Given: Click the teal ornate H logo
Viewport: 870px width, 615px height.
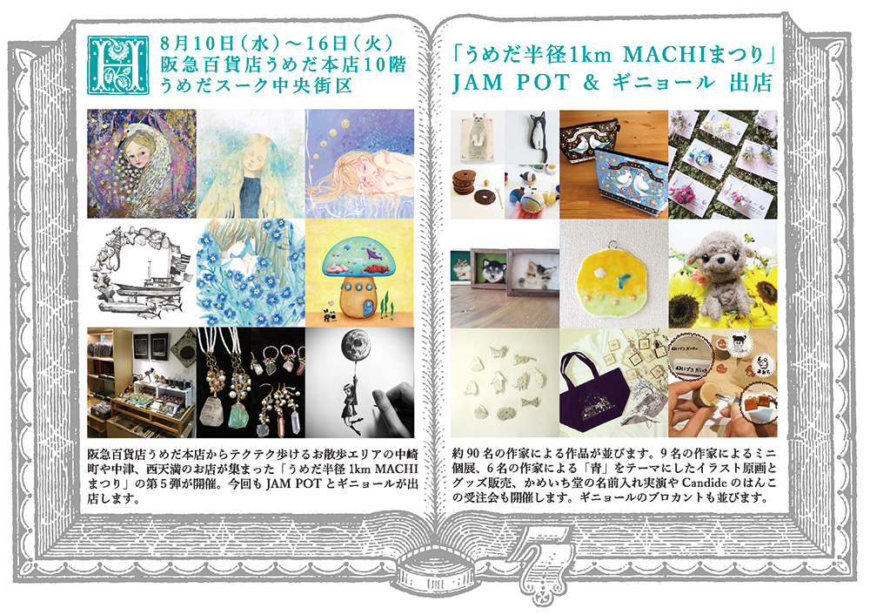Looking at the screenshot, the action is pyautogui.click(x=118, y=65).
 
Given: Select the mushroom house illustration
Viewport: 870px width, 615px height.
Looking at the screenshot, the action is pyautogui.click(x=358, y=279).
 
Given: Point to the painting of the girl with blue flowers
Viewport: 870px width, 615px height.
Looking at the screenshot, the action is pyautogui.click(x=251, y=273).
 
